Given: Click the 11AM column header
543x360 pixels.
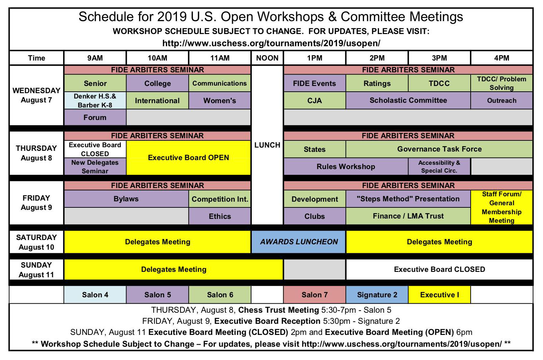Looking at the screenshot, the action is point(220,58).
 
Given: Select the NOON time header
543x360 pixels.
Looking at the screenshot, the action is point(267,58).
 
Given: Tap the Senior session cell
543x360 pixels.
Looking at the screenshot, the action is point(95,83).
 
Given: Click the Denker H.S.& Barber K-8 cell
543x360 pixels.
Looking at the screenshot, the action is point(95,100).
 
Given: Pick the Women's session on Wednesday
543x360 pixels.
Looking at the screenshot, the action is point(220,100).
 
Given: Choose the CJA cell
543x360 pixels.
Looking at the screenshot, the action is point(314,100).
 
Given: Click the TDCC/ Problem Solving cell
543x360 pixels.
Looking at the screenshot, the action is point(501,83).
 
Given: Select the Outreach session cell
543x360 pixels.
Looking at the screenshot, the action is point(501,100).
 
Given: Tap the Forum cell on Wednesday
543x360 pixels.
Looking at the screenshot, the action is point(95,117).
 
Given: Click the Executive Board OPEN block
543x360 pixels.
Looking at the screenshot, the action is point(188,158).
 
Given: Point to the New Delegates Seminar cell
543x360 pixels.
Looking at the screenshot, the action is point(95,167).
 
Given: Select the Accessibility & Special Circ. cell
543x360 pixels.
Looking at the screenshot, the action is point(439,167).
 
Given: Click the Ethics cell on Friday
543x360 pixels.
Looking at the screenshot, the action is point(220,216).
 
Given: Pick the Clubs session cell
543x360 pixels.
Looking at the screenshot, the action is point(314,216).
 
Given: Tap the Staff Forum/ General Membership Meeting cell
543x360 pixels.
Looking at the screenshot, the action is point(501,207).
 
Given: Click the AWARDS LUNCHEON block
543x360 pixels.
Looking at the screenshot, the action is point(299,242).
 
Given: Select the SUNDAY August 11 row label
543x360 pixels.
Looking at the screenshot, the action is point(37,270).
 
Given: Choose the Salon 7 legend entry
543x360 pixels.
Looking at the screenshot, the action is point(314,294).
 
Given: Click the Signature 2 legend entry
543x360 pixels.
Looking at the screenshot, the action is point(377,294).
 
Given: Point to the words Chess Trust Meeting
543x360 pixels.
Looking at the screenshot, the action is point(279,310).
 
